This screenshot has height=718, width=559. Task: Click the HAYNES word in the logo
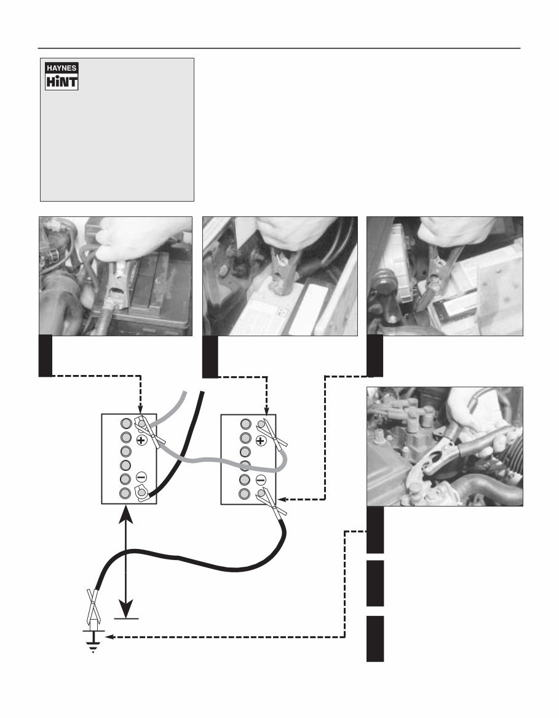point(61,68)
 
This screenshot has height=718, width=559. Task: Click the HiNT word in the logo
point(61,81)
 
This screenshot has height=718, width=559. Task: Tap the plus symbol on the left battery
point(141,441)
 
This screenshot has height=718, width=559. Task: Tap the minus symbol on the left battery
point(141,477)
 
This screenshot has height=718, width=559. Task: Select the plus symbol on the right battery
point(260,441)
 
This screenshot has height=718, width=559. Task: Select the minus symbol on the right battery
point(260,479)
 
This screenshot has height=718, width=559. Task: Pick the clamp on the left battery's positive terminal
point(149,433)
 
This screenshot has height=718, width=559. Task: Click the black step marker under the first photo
point(46,356)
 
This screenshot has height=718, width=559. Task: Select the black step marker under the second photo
point(210,356)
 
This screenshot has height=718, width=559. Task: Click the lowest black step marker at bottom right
point(375,639)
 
